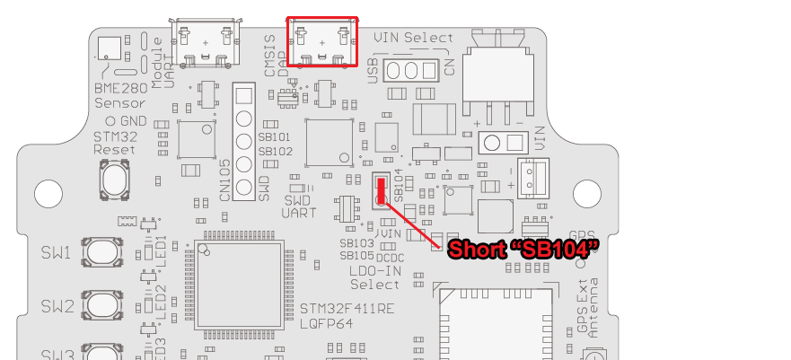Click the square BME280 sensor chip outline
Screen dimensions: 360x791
pos(109,50)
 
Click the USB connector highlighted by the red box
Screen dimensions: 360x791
pos(322,41)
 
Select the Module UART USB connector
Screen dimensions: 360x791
pos(207,41)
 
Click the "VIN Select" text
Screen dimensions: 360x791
pos(414,38)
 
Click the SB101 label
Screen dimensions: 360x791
pos(275,137)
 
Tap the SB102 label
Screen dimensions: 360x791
pos(275,152)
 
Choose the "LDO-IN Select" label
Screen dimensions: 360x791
pos(374,277)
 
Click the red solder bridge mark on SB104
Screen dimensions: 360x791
pos(382,189)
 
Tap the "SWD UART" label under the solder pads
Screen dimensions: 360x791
pos(296,206)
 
